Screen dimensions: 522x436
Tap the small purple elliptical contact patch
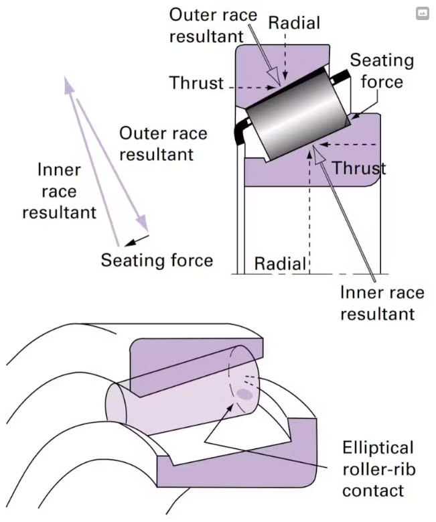click(x=245, y=395)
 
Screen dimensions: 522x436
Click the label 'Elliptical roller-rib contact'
click(x=378, y=468)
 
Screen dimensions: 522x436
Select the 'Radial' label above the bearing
click(x=294, y=22)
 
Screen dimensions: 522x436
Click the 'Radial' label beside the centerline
click(x=280, y=263)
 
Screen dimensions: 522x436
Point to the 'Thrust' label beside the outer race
click(x=196, y=82)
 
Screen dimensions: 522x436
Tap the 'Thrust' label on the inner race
click(x=359, y=168)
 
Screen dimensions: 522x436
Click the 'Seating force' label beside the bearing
click(x=382, y=70)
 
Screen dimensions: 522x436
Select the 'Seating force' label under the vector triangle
click(x=157, y=259)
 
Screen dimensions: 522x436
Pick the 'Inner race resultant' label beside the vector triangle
click(x=59, y=191)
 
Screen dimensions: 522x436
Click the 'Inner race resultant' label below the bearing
click(x=382, y=303)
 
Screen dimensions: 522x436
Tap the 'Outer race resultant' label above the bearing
click(x=212, y=25)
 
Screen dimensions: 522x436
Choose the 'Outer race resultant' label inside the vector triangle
click(x=163, y=143)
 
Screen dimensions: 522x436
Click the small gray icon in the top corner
click(x=422, y=13)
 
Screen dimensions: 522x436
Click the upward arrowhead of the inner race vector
click(x=68, y=83)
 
